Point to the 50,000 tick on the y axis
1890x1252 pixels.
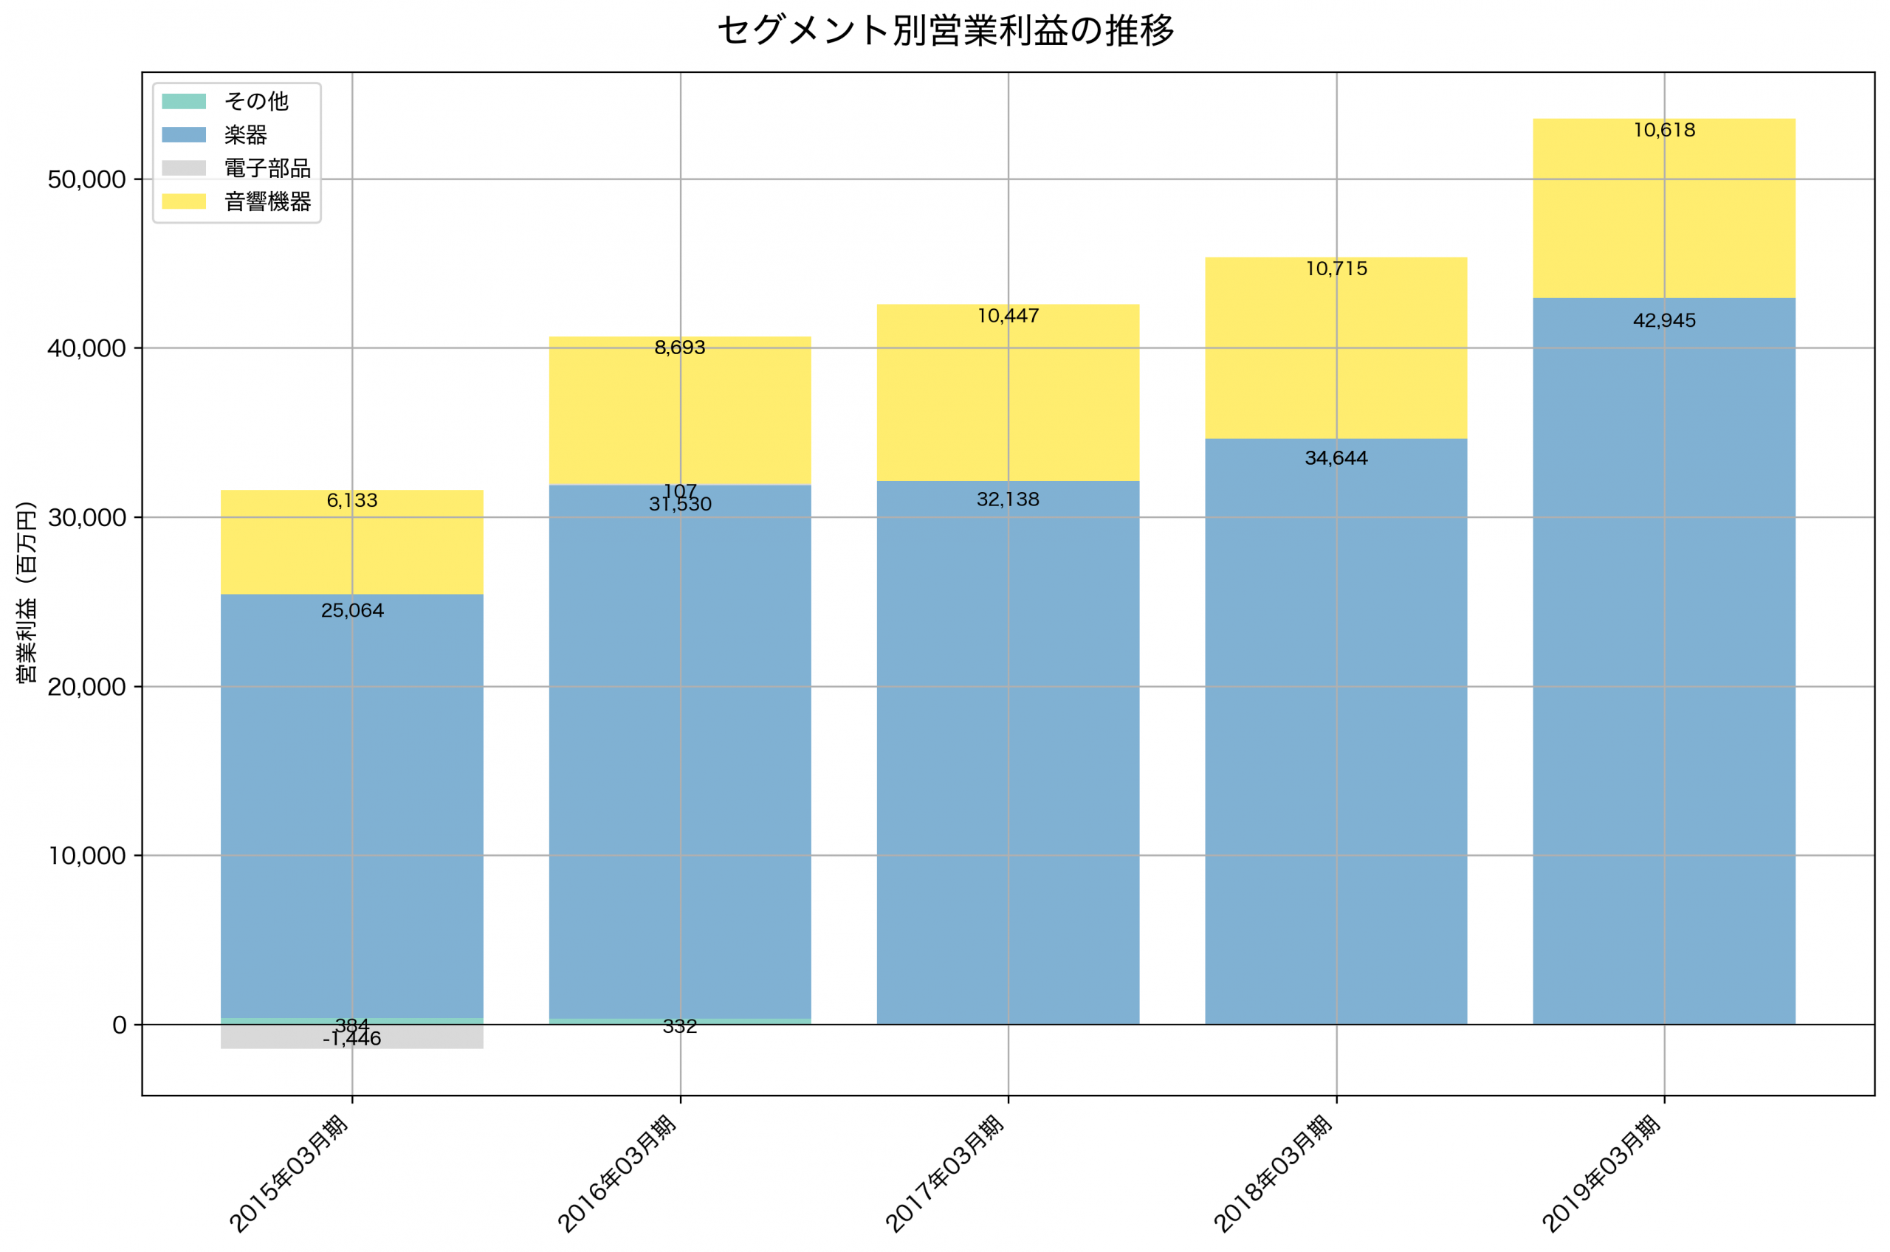[x=86, y=180]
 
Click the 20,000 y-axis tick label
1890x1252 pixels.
[x=86, y=687]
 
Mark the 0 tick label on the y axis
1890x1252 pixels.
[x=119, y=1026]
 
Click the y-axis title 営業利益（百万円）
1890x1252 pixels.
[x=27, y=592]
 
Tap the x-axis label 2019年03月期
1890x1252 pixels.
[x=1601, y=1174]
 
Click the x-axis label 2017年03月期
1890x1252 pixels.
[x=945, y=1174]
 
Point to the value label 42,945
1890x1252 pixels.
[x=1664, y=321]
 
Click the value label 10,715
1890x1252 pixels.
[x=1336, y=269]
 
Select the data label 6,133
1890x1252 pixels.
[x=352, y=501]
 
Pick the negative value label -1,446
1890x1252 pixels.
[x=352, y=1039]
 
